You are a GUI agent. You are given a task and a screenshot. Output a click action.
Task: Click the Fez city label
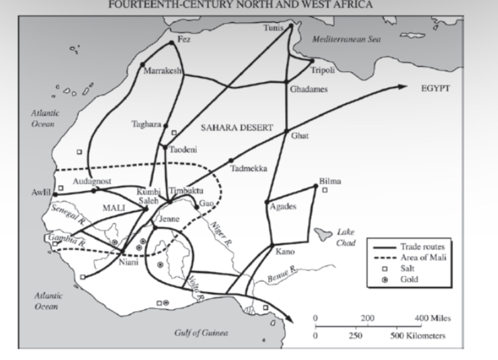[184, 39]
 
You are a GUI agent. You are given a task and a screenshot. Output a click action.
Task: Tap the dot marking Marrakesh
[143, 65]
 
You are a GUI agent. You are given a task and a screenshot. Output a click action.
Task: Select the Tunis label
[276, 28]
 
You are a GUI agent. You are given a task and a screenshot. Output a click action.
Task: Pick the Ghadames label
[307, 88]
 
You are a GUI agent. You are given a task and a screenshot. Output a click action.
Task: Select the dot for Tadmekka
[231, 160]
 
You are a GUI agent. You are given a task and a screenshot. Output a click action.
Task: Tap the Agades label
[282, 206]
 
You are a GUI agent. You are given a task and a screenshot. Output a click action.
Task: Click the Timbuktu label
[187, 190]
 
